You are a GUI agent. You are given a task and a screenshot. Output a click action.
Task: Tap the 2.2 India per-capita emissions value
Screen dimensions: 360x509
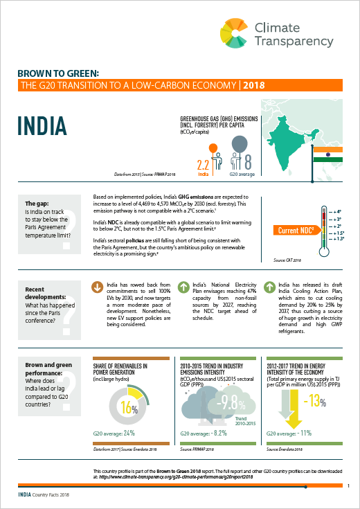pos(203,166)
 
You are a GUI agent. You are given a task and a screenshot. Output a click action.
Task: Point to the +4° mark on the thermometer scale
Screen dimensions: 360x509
pos(338,211)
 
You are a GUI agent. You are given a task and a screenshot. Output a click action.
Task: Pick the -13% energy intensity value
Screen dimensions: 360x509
pos(314,400)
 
